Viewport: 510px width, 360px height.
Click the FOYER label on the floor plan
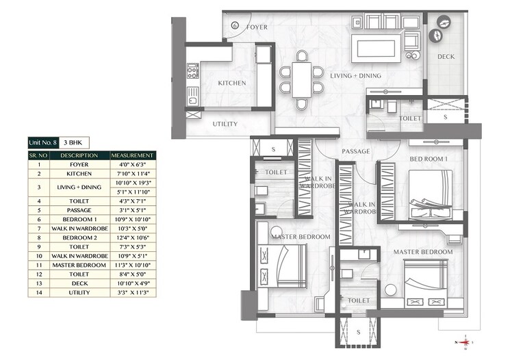pyautogui.click(x=257, y=27)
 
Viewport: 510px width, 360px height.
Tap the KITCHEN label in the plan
pyautogui.click(x=231, y=83)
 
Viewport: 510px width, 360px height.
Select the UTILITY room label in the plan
pyautogui.click(x=225, y=124)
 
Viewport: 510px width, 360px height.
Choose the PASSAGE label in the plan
pyautogui.click(x=357, y=151)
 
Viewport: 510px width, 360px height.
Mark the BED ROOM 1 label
pyautogui.click(x=428, y=159)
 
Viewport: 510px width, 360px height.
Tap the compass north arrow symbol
pyautogui.click(x=466, y=340)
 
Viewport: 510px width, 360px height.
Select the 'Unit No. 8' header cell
pyautogui.click(x=43, y=142)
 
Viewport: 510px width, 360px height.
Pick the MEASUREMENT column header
pyautogui.click(x=131, y=155)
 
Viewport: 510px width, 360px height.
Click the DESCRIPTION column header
pyautogui.click(x=79, y=155)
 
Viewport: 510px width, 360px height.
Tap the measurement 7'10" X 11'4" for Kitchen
pyautogui.click(x=131, y=174)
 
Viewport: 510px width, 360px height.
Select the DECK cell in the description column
pyautogui.click(x=79, y=283)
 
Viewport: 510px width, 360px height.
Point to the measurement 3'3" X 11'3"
pyautogui.click(x=131, y=292)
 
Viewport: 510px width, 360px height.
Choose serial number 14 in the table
pyautogui.click(x=39, y=292)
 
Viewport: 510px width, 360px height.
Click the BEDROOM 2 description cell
pyautogui.click(x=79, y=237)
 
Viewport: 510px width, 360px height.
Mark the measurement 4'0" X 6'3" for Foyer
pyautogui.click(x=131, y=164)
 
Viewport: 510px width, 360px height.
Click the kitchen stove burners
pyautogui.click(x=193, y=70)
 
